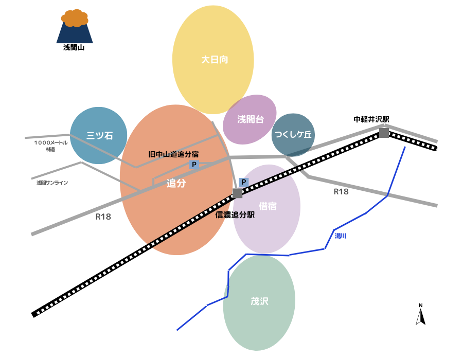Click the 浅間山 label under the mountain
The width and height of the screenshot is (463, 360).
[74, 48]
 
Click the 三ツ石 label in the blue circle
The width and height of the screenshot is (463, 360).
[99, 136]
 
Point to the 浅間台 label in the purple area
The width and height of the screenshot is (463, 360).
[251, 119]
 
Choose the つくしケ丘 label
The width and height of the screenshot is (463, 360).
[293, 135]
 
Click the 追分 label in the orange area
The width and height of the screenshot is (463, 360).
[176, 183]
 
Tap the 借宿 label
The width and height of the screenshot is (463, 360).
[268, 206]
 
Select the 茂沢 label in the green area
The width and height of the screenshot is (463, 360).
[259, 301]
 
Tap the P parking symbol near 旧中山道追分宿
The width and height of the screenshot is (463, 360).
[194, 165]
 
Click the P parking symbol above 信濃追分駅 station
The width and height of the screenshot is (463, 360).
[244, 182]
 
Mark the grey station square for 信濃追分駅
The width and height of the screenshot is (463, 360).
[237, 193]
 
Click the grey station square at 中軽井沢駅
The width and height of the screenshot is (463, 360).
[384, 133]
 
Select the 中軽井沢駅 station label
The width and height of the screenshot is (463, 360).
[371, 119]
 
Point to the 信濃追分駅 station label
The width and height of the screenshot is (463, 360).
[235, 215]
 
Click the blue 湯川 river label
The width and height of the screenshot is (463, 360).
[341, 236]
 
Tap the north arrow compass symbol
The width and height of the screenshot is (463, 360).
[421, 315]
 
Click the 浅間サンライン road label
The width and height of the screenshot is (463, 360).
[52, 183]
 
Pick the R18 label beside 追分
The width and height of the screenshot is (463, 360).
[103, 217]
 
